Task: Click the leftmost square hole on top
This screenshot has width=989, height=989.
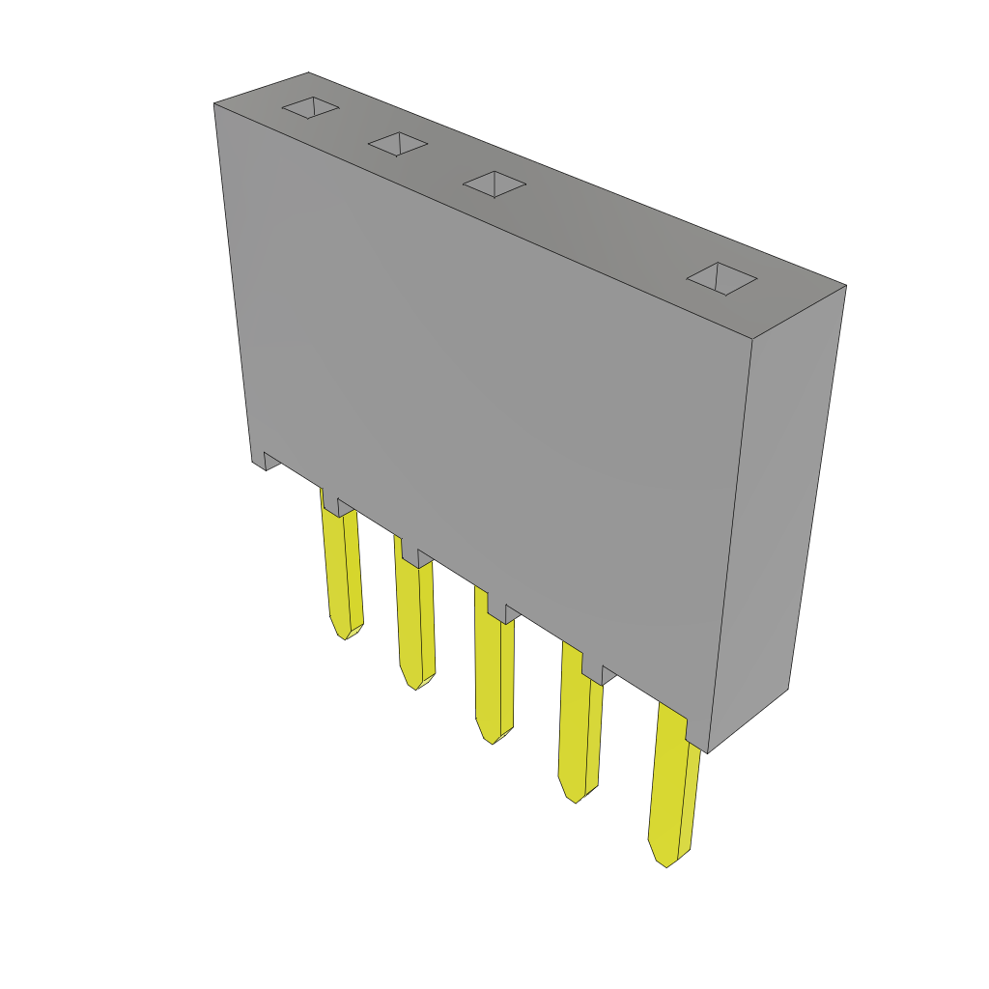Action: [x=310, y=107]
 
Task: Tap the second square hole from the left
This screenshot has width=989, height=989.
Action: [x=397, y=144]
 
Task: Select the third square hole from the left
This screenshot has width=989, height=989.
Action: [x=494, y=184]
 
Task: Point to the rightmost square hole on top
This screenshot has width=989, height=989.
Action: [x=721, y=278]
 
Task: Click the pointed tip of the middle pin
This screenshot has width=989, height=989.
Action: [x=492, y=740]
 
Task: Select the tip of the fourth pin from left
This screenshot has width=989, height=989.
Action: [x=576, y=799]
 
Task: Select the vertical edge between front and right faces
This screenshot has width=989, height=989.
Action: [x=730, y=541]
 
